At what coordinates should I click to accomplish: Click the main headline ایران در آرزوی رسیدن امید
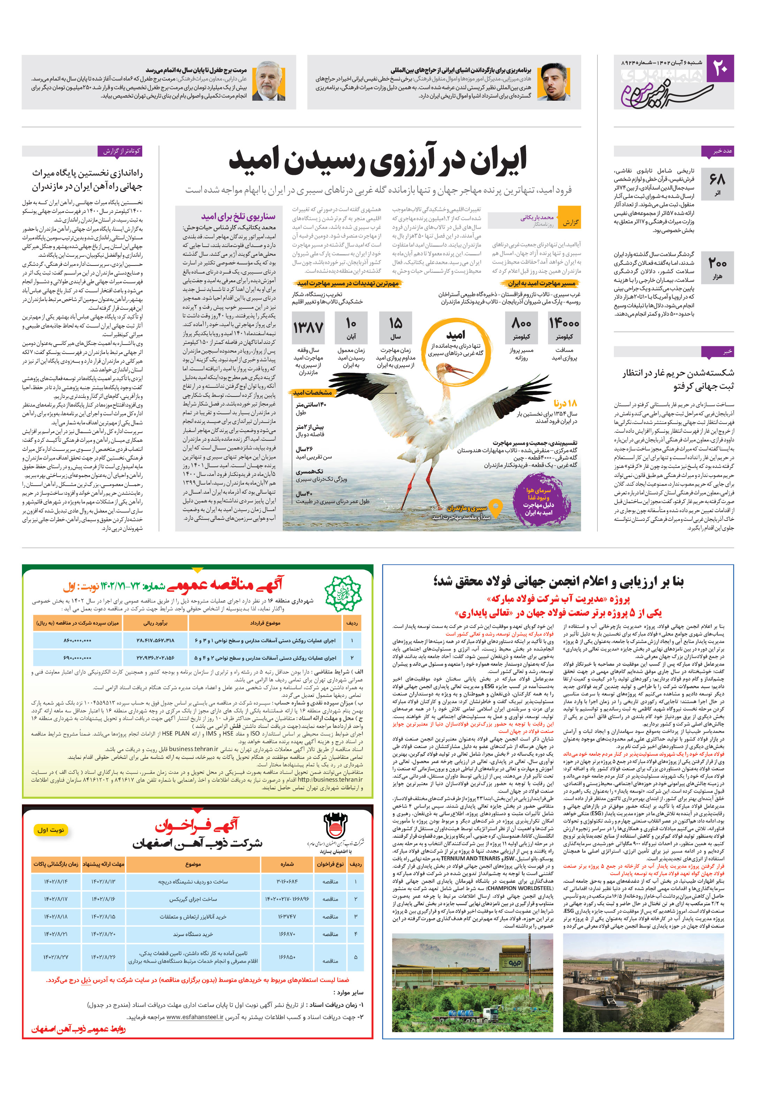[377, 161]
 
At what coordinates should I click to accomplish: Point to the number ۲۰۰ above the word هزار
[717, 263]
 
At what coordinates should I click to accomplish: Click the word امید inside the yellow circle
[455, 335]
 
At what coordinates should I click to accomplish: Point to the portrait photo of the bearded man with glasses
[554, 82]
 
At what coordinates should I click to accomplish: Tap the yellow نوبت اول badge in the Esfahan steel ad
[51, 830]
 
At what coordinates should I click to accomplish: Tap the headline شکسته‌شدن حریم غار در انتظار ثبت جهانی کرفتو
[678, 379]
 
